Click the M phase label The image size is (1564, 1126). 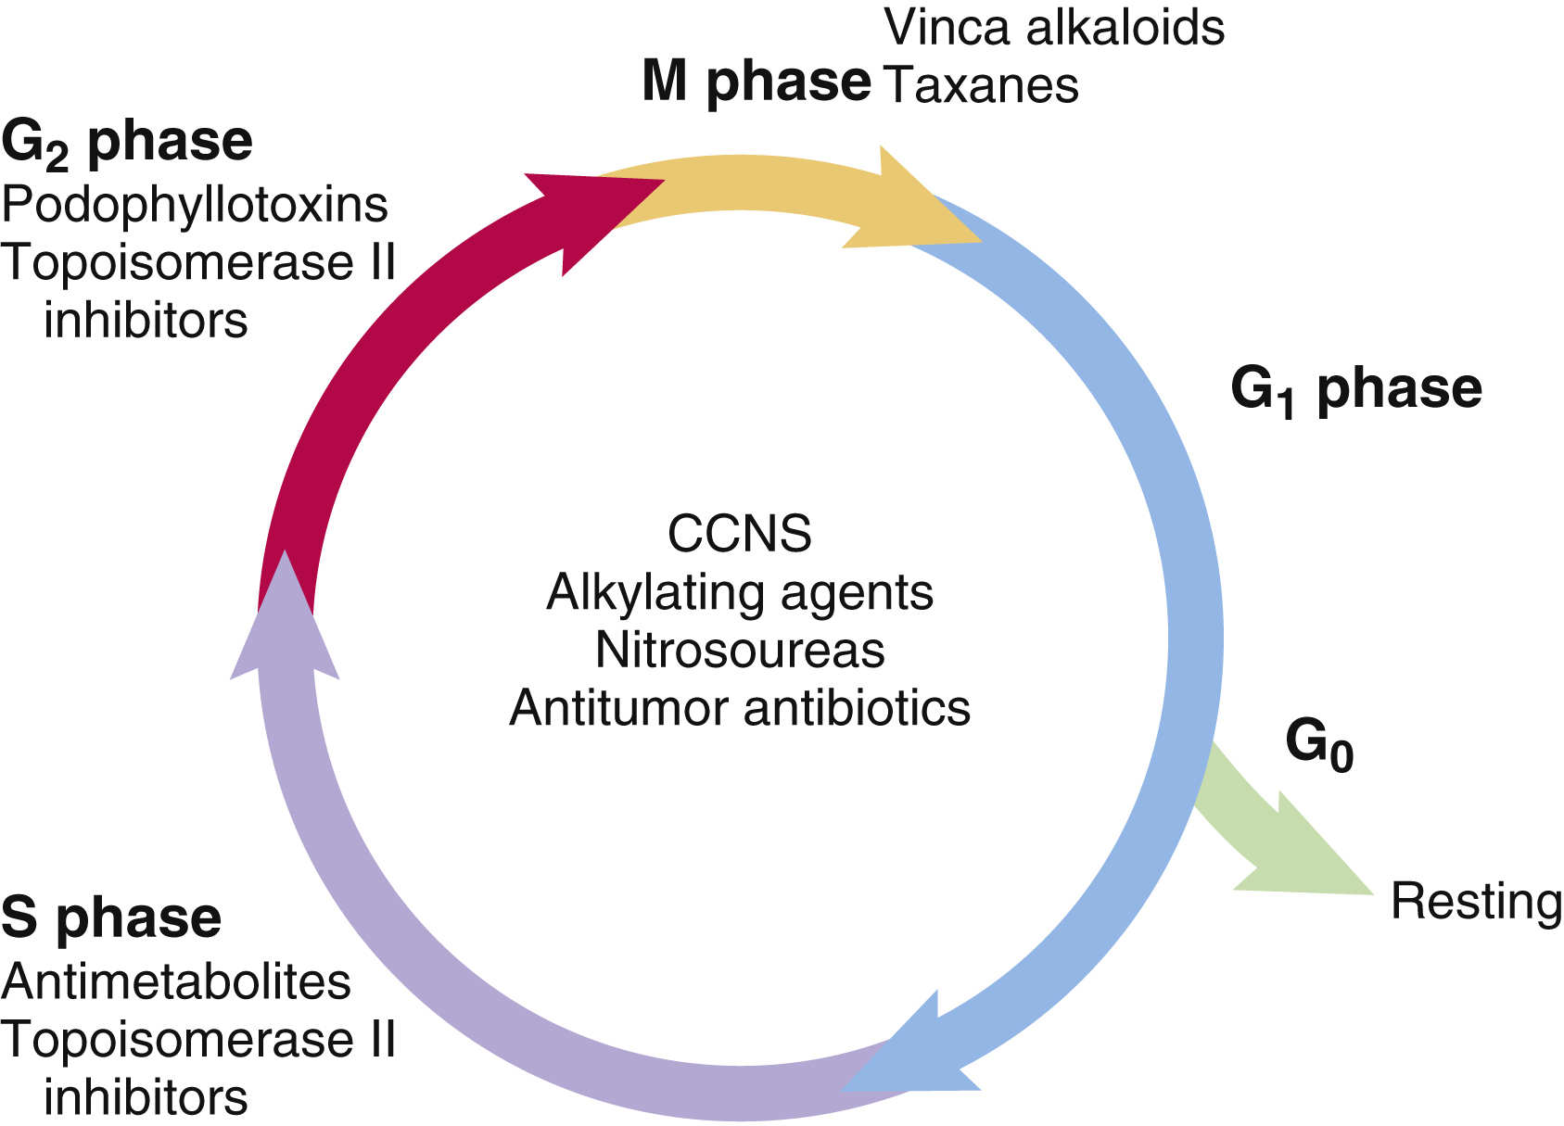point(756,82)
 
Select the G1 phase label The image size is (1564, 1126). point(1355,389)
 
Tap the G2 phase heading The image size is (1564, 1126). point(127,144)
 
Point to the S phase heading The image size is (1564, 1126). point(111,917)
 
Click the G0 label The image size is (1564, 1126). point(1318,744)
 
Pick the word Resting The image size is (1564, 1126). point(1476,902)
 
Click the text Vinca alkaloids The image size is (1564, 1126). point(1054,28)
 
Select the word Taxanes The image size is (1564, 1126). point(982,85)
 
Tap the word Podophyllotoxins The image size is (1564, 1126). point(195,205)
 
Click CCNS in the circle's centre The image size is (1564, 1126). point(739,534)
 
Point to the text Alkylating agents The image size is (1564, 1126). point(739,592)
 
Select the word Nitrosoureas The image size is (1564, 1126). point(739,650)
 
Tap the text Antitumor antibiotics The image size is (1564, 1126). point(739,708)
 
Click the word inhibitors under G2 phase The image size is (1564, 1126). point(146,322)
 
